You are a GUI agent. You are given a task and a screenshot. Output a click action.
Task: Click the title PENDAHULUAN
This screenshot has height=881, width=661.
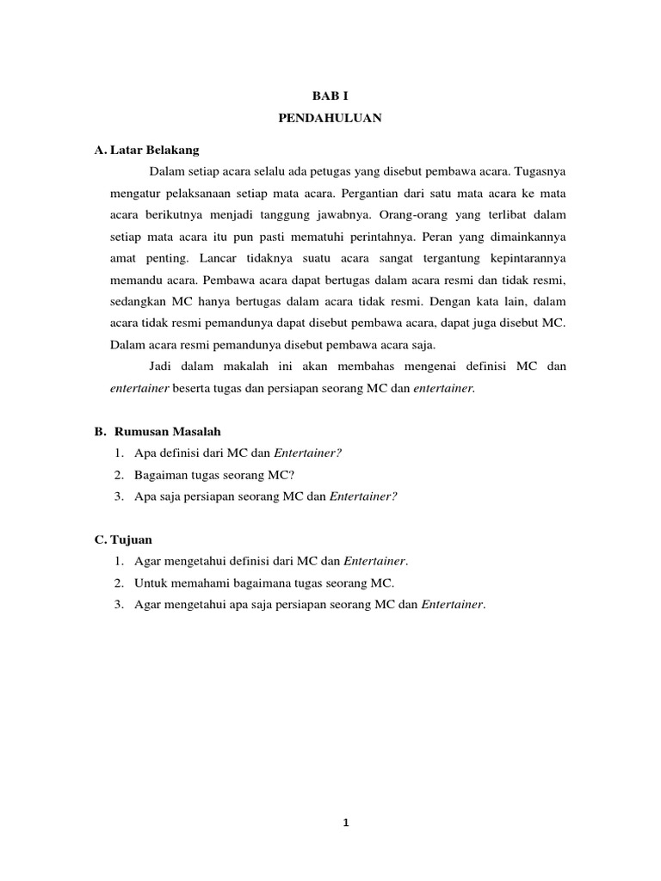(330, 120)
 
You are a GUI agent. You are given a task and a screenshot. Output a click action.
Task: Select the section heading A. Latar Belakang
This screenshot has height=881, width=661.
(146, 150)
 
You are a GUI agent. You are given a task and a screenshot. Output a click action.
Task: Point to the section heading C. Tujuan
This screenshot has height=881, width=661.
(123, 539)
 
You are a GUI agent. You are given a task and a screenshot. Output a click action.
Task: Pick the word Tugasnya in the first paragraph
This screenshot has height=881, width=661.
(540, 171)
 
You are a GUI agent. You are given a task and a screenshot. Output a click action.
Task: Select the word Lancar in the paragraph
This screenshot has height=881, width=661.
(219, 258)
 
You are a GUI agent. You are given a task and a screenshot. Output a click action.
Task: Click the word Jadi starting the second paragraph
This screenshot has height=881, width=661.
(161, 367)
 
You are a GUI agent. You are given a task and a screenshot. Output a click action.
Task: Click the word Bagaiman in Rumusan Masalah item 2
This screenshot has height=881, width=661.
(160, 474)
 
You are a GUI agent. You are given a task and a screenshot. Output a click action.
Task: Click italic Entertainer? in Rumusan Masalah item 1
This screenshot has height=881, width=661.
(307, 453)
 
